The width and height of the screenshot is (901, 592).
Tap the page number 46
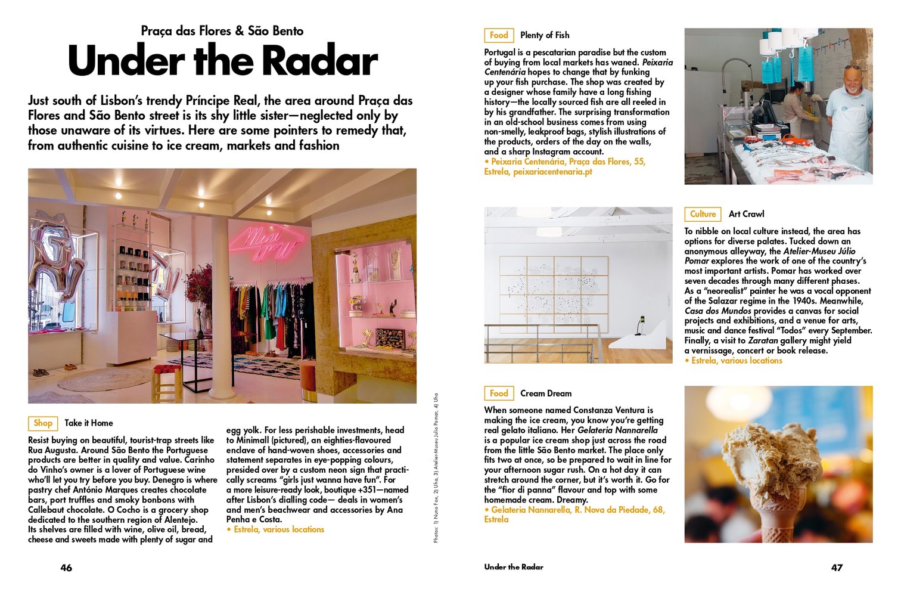[x=66, y=568]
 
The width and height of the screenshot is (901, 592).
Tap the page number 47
[x=837, y=568]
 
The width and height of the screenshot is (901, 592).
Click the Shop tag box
[x=43, y=423]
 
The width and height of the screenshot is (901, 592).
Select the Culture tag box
[x=703, y=214]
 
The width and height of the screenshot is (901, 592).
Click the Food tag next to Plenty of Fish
[x=499, y=35]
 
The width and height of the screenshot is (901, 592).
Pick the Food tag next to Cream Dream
[x=499, y=393]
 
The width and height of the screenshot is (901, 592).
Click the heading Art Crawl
[x=746, y=214]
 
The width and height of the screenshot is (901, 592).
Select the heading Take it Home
[x=89, y=423]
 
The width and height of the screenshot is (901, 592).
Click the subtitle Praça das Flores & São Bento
[x=222, y=31]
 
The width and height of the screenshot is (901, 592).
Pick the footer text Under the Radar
[x=514, y=567]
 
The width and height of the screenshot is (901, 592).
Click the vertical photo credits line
[x=436, y=468]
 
